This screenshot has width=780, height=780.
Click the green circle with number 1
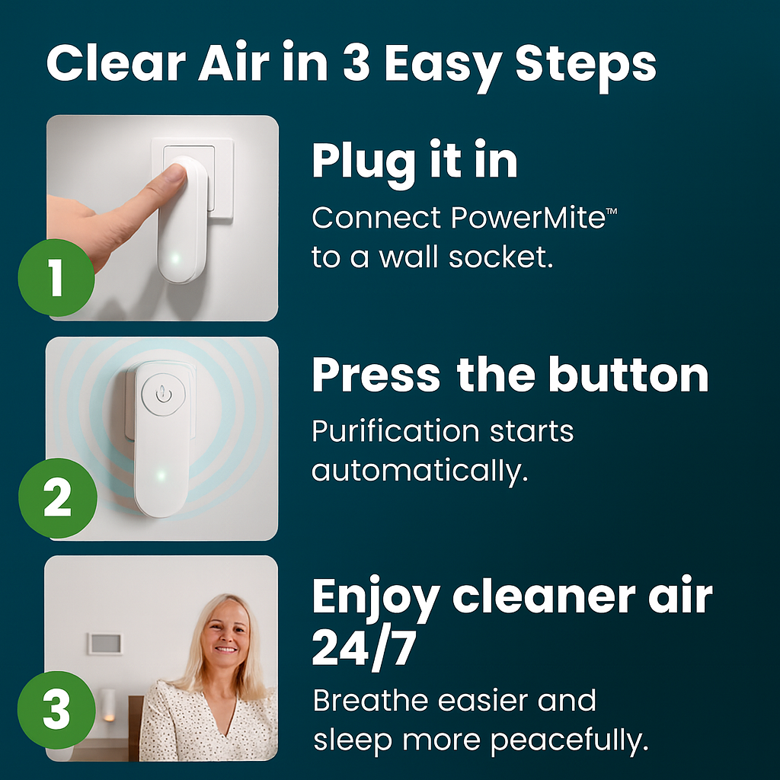[x=56, y=277]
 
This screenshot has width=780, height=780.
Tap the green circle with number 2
[x=58, y=498]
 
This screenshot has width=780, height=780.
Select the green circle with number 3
[x=56, y=710]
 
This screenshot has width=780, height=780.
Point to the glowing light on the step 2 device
[x=161, y=475]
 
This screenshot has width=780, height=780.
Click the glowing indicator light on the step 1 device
[x=174, y=258]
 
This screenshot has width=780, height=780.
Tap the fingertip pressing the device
[x=176, y=175]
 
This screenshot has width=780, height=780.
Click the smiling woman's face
[x=225, y=631]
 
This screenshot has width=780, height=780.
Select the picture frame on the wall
[x=104, y=644]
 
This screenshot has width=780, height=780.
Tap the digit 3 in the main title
[x=356, y=63]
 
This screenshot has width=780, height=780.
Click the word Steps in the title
[x=586, y=65]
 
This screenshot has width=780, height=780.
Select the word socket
[x=501, y=257]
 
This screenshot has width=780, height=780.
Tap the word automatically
[x=420, y=471]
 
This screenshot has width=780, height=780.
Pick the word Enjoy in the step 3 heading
[x=376, y=599]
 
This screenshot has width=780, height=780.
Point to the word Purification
[x=395, y=431]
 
